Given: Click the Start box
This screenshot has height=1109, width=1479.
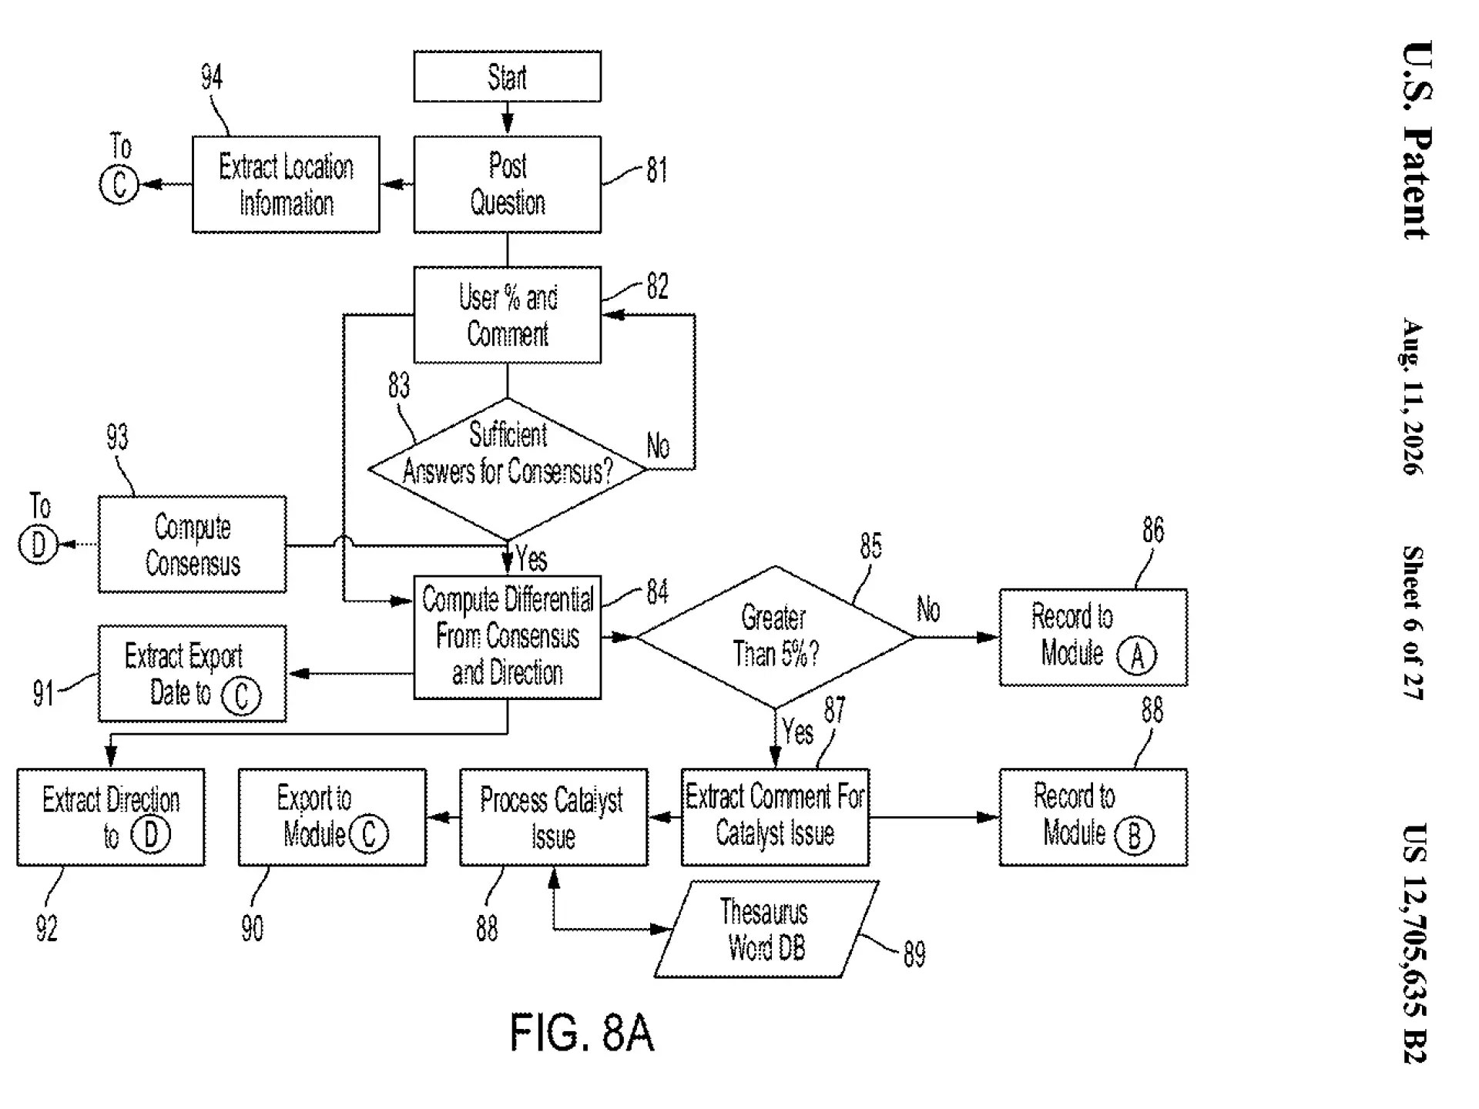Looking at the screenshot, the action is pyautogui.click(x=507, y=76).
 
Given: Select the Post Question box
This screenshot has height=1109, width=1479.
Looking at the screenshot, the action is pyautogui.click(x=507, y=184).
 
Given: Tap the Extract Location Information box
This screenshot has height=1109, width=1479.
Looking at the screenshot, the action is pyautogui.click(x=286, y=184).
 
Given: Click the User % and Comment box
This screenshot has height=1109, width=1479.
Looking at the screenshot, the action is pyautogui.click(x=507, y=315).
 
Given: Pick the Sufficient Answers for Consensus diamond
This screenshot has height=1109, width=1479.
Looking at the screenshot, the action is pyautogui.click(x=507, y=469).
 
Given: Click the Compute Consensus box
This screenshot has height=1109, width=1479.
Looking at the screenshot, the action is pyautogui.click(x=192, y=544).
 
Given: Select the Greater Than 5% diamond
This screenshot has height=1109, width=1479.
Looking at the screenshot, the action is pyautogui.click(x=776, y=637).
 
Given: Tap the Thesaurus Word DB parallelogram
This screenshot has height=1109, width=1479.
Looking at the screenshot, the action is pyautogui.click(x=766, y=929).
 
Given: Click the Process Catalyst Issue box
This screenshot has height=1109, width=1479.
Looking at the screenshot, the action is pyautogui.click(x=553, y=817).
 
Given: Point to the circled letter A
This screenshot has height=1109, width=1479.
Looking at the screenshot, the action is pyautogui.click(x=1136, y=656).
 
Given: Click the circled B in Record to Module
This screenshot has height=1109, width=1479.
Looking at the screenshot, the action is pyautogui.click(x=1134, y=836).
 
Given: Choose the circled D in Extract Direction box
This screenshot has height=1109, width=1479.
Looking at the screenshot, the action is pyautogui.click(x=151, y=835).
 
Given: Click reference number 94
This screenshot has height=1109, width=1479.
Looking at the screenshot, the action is pyautogui.click(x=212, y=77).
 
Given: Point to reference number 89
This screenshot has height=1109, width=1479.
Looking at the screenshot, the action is pyautogui.click(x=914, y=954).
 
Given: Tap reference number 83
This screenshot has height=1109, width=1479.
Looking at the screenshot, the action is pyautogui.click(x=399, y=385).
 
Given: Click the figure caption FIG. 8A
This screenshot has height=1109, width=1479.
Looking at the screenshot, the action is pyautogui.click(x=582, y=1033).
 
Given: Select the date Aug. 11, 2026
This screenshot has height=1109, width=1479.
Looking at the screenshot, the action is pyautogui.click(x=1414, y=396).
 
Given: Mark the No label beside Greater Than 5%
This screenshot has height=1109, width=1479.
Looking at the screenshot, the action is pyautogui.click(x=928, y=609).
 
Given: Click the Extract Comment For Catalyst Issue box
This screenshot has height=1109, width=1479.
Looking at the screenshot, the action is pyautogui.click(x=775, y=817).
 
